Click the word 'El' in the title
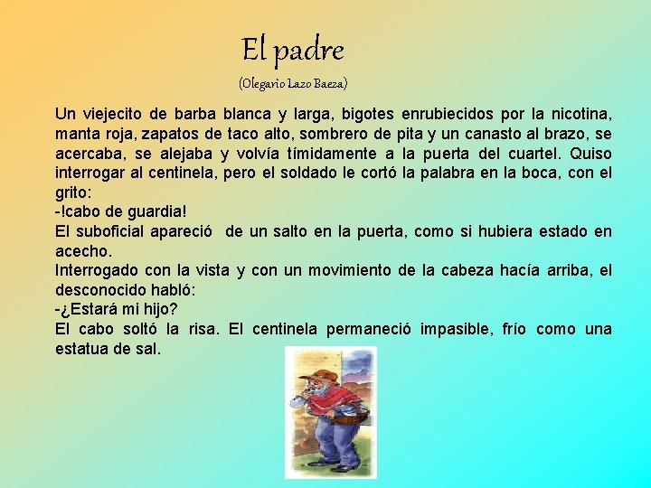point(254,49)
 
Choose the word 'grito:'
point(74,192)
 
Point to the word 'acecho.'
point(82,250)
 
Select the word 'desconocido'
point(99,289)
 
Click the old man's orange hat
point(316,373)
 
